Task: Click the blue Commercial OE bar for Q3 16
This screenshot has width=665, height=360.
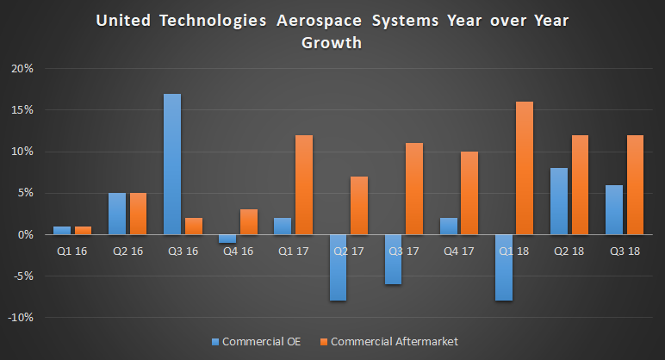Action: coord(172,164)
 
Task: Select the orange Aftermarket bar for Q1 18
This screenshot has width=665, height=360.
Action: coord(524,168)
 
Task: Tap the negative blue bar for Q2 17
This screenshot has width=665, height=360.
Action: coord(338,268)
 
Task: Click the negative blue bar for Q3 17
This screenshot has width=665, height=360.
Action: coord(393,259)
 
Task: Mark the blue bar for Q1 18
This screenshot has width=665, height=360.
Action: coord(503,268)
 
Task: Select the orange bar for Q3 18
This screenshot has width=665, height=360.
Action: coord(634,184)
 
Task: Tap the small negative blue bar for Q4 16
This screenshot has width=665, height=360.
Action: coord(227,239)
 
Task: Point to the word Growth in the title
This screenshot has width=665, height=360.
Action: coord(332,42)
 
